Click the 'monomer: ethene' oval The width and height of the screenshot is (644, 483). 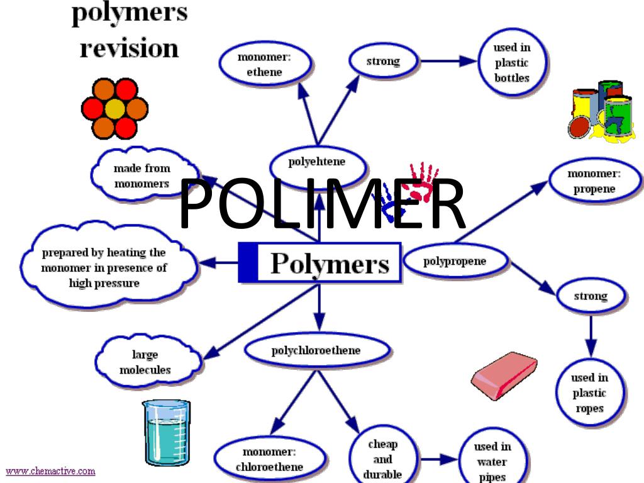point(264,64)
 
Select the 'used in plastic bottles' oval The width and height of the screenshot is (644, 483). point(511,62)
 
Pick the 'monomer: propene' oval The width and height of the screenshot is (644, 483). point(594,180)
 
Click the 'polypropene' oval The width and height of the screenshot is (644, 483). point(455,261)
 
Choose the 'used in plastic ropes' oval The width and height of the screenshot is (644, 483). point(589,393)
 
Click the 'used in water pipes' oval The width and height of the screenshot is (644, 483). point(492,461)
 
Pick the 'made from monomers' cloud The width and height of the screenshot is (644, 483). point(142,176)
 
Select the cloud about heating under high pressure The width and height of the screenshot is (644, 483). point(104,268)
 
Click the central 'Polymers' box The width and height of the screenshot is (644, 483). point(320,263)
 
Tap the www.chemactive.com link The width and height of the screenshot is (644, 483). point(50,470)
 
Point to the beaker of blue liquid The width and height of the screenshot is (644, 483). point(165,432)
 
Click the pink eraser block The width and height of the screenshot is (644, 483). point(504,375)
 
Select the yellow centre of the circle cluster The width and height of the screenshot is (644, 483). point(114,109)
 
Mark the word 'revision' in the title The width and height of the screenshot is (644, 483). point(129,48)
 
